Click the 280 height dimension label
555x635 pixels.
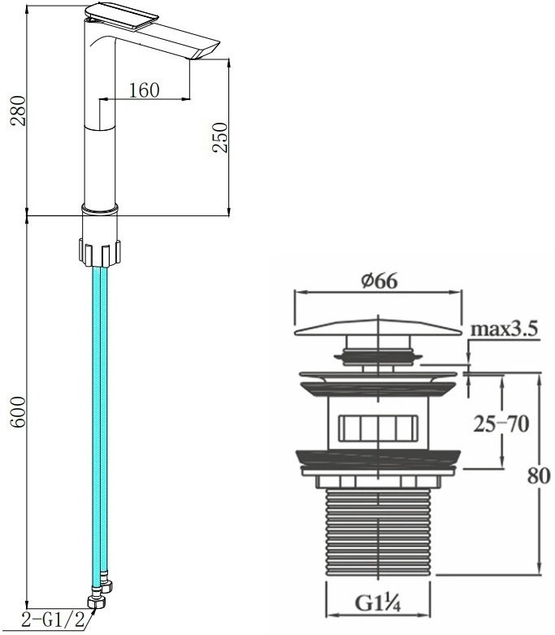point(18,111)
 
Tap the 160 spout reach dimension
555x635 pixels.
point(144,90)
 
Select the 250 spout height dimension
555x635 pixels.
point(221,137)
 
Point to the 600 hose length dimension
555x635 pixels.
point(18,412)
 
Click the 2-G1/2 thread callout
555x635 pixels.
point(53,620)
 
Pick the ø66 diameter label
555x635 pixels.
point(379,281)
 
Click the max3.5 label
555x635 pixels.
point(504,328)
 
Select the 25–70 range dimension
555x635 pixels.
point(501,424)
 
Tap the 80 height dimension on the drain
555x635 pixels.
point(539,476)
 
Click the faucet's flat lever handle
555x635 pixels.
point(121,14)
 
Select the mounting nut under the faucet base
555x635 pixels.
point(100,253)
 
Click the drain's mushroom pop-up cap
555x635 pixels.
point(378,328)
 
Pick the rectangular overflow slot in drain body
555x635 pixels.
point(378,428)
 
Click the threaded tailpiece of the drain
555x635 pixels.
point(378,531)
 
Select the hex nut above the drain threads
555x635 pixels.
point(378,481)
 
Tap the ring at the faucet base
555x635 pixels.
point(100,208)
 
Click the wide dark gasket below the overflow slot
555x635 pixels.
point(378,458)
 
